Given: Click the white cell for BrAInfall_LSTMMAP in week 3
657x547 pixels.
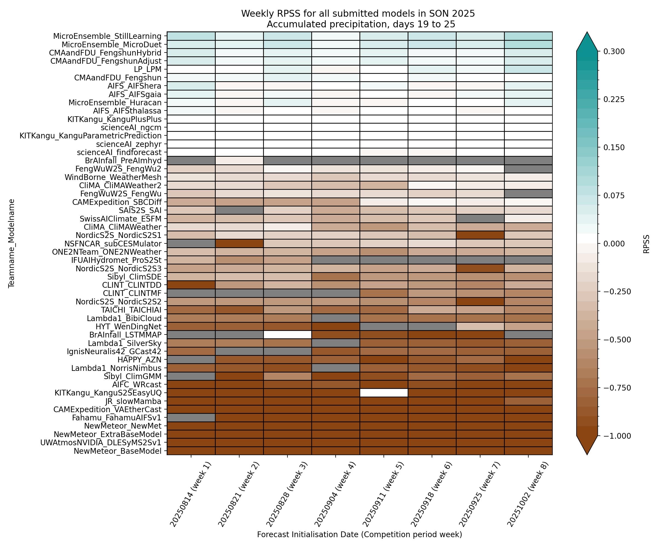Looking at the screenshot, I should coord(287,335).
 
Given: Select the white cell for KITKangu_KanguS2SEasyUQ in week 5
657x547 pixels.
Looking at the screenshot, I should coord(384,392).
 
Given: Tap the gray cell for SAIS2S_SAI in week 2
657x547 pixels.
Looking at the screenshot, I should coord(239,210).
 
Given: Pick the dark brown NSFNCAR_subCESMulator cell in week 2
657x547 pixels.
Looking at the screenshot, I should coord(239,243).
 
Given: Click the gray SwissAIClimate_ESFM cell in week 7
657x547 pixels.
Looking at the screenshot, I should coord(480,219).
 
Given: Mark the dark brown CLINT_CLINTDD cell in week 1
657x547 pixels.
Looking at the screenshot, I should coord(191,285).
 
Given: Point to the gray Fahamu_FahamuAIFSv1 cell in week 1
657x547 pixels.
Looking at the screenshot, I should coord(191,418).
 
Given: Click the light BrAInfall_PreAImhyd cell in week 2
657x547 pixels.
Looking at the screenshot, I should coord(239,160).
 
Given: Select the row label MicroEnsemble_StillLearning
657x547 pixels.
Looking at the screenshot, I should coord(107,36).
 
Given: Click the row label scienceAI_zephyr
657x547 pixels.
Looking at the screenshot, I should coord(129,144).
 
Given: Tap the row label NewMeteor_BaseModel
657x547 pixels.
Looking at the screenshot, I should coord(117,451).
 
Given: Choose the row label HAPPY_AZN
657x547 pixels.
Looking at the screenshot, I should coord(139,360).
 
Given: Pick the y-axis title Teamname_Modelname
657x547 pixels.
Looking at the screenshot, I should coord(11,243).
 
